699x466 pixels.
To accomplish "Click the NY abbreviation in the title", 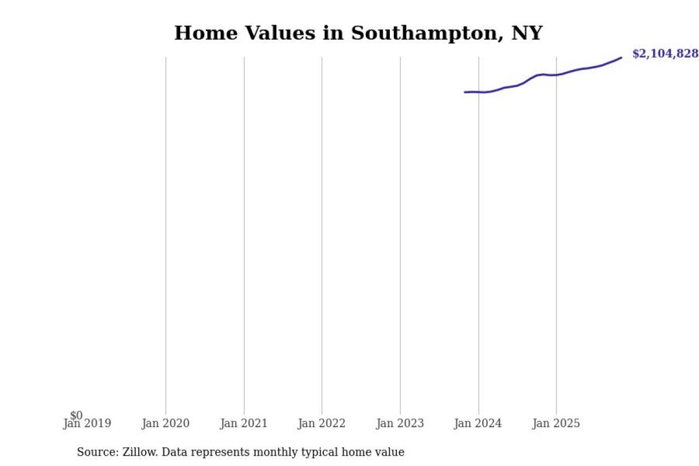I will point(526,33).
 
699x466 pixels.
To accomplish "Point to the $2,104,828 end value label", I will point(665,54).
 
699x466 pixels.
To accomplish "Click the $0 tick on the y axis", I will point(76,416).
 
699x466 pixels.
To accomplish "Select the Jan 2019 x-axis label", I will point(87,424).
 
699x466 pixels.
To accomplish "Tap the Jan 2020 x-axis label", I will point(165,424).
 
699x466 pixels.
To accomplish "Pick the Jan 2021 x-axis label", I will point(244,424).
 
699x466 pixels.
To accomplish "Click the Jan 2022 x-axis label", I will point(322,424).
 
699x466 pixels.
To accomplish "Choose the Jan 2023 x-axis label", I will point(400,424).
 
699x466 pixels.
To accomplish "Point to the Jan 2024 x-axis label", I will point(478,424).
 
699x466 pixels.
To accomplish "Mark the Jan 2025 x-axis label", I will point(556,424).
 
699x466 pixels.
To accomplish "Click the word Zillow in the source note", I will point(141,452).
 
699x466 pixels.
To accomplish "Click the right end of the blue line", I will point(621,57).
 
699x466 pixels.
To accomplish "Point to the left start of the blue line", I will point(465,92).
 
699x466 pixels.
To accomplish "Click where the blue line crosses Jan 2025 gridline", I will point(556,75).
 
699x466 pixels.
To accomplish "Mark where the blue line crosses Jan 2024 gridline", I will point(478,92).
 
